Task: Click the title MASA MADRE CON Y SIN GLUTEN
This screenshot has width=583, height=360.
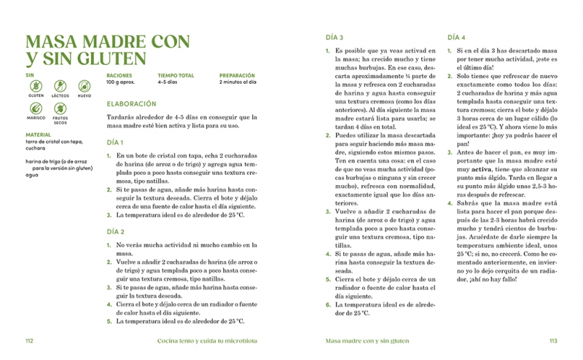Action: pyautogui.click(x=107, y=50)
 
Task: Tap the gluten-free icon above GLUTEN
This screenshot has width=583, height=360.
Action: pyautogui.click(x=36, y=86)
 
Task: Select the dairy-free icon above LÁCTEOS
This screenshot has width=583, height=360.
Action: pyautogui.click(x=60, y=86)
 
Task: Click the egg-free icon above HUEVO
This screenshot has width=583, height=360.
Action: pyautogui.click(x=85, y=86)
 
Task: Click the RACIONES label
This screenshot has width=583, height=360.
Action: pyautogui.click(x=120, y=75)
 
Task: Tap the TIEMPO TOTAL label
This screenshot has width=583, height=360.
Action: pyautogui.click(x=176, y=75)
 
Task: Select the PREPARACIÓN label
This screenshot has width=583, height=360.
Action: pyautogui.click(x=237, y=75)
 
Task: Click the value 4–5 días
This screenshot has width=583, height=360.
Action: pyautogui.click(x=168, y=82)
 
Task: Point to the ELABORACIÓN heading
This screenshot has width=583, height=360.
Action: pyautogui.click(x=131, y=104)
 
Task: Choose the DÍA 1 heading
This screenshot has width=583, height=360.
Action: pyautogui.click(x=115, y=143)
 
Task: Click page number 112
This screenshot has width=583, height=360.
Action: pyautogui.click(x=30, y=340)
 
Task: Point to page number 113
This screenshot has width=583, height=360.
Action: pyautogui.click(x=552, y=340)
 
